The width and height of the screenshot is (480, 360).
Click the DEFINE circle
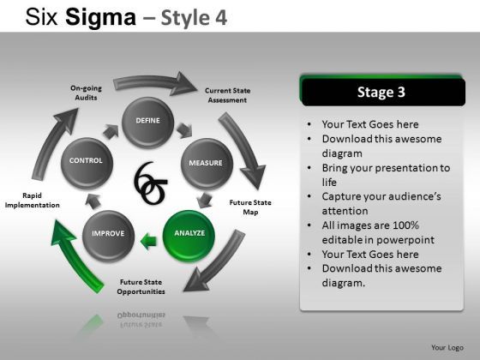(x=147, y=123)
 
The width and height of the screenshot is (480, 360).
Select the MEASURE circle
(x=205, y=163)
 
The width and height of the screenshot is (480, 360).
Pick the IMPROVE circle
(x=109, y=234)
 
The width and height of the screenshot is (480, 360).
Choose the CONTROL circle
(x=86, y=162)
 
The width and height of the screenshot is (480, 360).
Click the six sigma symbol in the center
(x=151, y=183)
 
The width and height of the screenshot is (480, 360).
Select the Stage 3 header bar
(x=382, y=92)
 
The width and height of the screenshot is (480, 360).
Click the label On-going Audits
(x=86, y=93)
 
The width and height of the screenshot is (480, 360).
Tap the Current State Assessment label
(x=227, y=95)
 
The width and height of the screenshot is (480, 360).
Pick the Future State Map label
(x=250, y=207)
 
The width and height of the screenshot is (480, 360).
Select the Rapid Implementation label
(x=32, y=201)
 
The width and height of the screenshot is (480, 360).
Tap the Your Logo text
(x=447, y=347)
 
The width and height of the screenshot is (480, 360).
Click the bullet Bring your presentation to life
(x=386, y=174)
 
